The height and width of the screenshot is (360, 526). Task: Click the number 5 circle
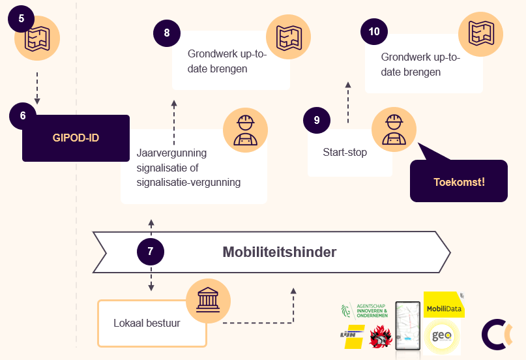22,18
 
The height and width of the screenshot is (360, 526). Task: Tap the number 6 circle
23,115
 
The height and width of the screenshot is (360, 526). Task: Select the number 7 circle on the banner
151,251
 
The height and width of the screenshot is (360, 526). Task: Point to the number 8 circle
167,33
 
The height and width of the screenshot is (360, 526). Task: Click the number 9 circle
317,120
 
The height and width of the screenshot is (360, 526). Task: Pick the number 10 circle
374,31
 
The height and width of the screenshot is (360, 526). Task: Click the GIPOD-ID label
76,138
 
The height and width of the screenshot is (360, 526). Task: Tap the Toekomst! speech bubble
459,181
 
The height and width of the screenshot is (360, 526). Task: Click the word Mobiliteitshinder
280,252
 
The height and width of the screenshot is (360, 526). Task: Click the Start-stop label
345,153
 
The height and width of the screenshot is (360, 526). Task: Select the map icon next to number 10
480,34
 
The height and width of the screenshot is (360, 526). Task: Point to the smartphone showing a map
408,326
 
